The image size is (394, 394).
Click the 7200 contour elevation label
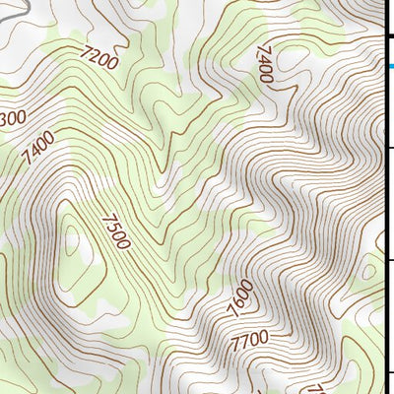pos(100,62)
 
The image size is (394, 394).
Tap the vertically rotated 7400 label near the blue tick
pos(264,63)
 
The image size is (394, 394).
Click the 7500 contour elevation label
pos(115,230)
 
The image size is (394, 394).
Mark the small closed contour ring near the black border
pos(370,268)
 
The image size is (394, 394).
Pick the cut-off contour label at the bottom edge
pos(317,389)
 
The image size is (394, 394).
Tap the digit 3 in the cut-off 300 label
pos(5,120)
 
